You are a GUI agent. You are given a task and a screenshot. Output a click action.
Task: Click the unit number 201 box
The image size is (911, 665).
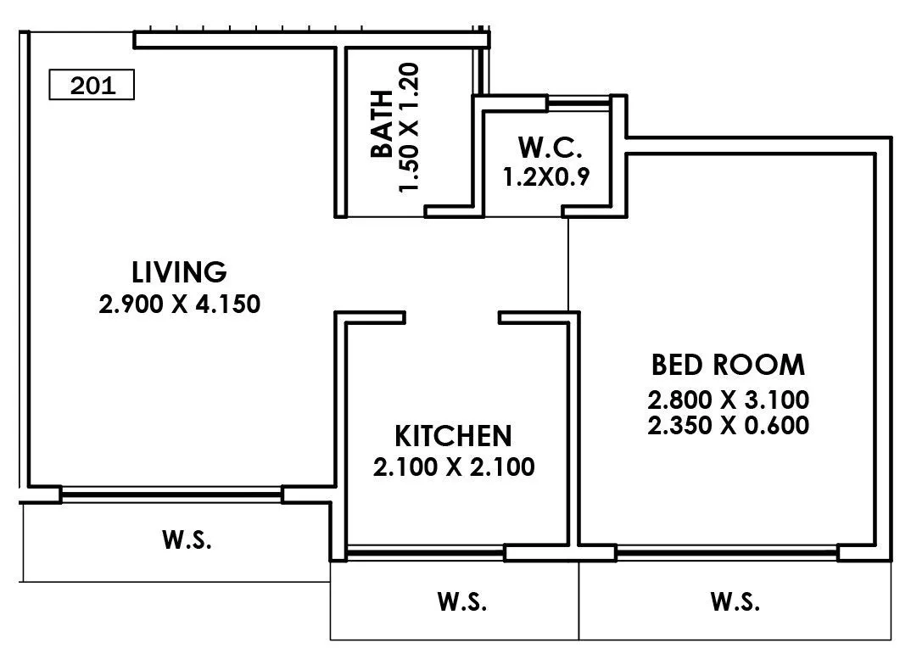(x=92, y=87)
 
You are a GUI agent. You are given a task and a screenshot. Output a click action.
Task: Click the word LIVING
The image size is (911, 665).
(x=179, y=272)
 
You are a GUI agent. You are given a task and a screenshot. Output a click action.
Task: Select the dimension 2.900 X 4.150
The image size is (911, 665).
(x=179, y=304)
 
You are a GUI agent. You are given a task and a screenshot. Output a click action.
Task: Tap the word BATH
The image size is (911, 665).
(x=382, y=124)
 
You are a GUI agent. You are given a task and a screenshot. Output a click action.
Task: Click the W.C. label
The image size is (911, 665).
(x=551, y=148)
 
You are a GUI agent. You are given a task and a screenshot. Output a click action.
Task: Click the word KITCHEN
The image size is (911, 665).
(x=453, y=436)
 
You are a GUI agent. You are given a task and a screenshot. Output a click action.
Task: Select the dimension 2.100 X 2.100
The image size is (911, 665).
(x=453, y=467)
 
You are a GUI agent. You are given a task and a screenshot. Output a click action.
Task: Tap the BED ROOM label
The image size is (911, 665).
(x=727, y=365)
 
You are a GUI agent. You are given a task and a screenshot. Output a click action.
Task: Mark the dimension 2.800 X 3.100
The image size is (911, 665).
(x=727, y=399)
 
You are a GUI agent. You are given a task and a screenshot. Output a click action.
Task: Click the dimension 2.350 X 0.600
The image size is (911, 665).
(x=727, y=424)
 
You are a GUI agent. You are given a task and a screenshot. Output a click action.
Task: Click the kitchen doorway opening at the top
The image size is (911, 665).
(x=451, y=317)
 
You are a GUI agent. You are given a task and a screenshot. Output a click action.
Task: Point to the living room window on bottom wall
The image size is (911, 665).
(x=171, y=493)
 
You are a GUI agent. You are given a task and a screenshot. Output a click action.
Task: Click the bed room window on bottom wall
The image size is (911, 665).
(x=727, y=553)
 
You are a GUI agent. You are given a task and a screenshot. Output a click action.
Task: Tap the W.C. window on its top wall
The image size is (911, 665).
(x=578, y=103)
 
